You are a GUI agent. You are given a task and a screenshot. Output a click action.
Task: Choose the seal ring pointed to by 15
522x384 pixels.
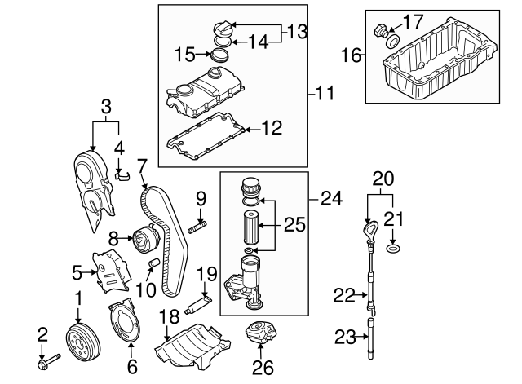pyautogui.click(x=217, y=56)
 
